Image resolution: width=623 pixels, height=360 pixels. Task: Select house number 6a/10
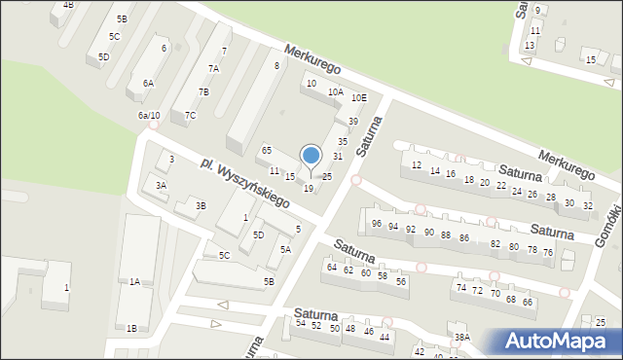[149, 116]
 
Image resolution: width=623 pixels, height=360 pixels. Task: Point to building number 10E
[359, 97]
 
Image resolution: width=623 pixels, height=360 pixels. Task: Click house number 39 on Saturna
[353, 121]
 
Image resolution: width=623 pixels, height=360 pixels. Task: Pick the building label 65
[267, 150]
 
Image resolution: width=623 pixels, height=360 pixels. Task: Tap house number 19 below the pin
[309, 188]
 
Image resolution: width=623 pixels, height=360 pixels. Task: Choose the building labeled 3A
[162, 185]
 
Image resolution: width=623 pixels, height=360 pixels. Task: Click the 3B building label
[201, 205]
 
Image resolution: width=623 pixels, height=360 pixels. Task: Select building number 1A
[135, 281]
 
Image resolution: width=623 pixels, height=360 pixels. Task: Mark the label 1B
[131, 328]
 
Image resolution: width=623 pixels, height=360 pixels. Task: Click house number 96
[377, 224]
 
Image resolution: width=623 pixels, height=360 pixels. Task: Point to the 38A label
[461, 337]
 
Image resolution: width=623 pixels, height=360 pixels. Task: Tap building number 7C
[190, 116]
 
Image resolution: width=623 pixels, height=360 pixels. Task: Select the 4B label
[68, 5]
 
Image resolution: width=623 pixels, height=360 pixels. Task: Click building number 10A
[335, 91]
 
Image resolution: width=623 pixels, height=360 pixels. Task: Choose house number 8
[276, 65]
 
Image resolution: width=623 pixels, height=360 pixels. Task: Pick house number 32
[587, 205]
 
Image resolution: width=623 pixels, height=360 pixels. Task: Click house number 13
[530, 46]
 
